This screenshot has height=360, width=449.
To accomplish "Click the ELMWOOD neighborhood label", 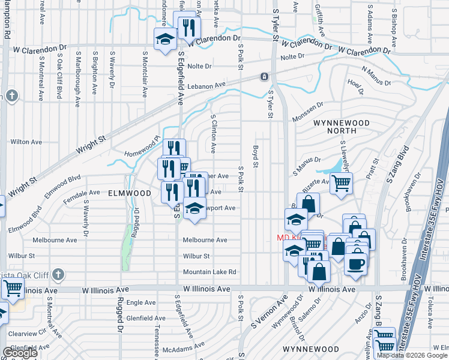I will (x=129, y=193).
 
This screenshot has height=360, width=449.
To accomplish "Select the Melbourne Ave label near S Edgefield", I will (x=205, y=240).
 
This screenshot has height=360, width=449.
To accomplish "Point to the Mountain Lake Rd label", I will (x=210, y=272).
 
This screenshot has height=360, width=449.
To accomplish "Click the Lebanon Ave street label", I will (x=205, y=86).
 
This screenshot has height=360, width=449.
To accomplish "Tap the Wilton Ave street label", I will (x=26, y=142).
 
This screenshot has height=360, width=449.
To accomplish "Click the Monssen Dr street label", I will (x=308, y=112).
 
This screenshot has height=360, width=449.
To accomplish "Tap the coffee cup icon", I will (x=356, y=263).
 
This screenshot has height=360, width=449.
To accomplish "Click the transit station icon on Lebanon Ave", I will (x=264, y=77).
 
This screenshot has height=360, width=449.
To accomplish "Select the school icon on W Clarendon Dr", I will (x=164, y=40).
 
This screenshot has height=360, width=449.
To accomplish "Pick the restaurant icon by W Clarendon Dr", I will (x=190, y=27).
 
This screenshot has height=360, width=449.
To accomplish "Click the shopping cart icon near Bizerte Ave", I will (x=341, y=183).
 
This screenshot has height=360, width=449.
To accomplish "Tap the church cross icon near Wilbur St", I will (x=58, y=275).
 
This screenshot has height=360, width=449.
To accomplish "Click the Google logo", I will (x=20, y=353).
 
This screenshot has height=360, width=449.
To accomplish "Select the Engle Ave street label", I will (x=142, y=303).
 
